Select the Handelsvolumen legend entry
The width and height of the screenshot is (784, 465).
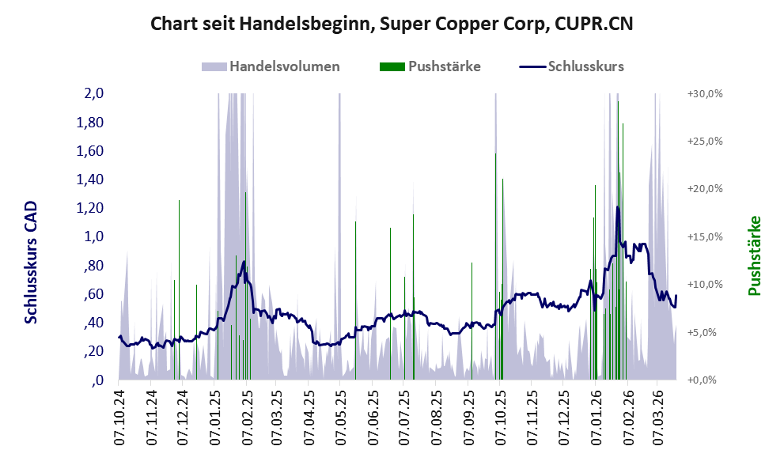[x=285, y=66]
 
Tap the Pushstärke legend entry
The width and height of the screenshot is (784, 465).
[x=445, y=66]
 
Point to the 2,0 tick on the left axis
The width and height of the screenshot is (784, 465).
[x=94, y=93]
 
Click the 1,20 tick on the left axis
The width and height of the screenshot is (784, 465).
[x=91, y=208]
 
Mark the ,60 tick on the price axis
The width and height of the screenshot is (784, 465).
[x=94, y=294]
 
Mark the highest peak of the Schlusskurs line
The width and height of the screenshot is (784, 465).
[x=617, y=207]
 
